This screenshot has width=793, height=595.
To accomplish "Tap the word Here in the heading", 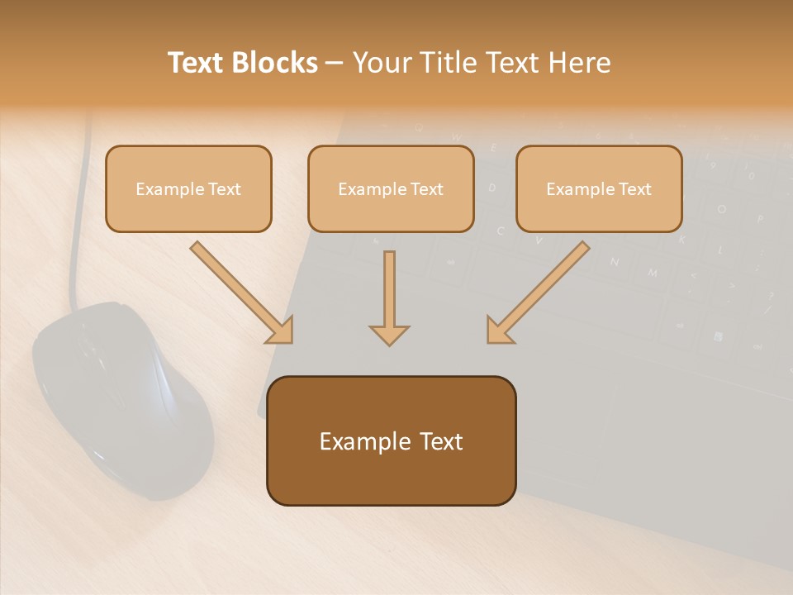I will tap(577, 63).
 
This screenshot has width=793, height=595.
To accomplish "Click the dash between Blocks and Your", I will tap(335, 64).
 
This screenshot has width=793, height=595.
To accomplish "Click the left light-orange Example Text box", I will tap(188, 189).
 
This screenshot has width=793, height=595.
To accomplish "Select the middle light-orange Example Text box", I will tap(391, 189).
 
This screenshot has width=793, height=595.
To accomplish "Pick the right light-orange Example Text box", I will tap(599, 189).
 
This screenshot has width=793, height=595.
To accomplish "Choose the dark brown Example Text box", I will tap(391, 441).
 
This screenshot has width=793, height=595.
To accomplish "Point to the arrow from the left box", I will tap(240, 291).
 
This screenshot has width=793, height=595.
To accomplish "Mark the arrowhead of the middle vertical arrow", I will tap(389, 334).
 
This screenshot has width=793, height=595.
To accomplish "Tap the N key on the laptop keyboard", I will tap(615, 262).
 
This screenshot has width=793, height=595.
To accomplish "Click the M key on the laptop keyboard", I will tap(653, 272).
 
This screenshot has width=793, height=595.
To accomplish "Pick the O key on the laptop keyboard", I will tap(722, 209).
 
